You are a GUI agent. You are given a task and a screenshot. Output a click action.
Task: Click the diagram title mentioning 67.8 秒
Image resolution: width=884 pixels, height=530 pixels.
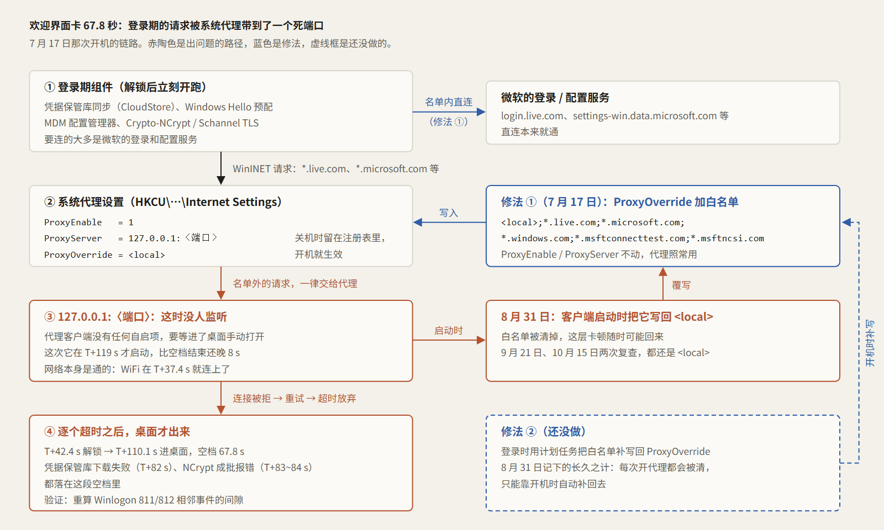coord(176,25)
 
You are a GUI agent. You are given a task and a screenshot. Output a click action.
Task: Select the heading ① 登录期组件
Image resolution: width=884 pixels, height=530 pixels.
coord(125,87)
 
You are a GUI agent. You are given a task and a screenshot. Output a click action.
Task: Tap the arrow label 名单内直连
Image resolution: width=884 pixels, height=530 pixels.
coord(449,102)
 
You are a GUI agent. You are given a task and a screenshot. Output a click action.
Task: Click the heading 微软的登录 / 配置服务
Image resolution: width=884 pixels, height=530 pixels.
coord(555,97)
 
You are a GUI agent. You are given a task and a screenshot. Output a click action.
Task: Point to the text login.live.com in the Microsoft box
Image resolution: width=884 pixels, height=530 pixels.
coord(532,116)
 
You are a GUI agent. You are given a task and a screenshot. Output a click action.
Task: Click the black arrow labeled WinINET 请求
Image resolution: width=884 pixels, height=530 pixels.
coord(221,168)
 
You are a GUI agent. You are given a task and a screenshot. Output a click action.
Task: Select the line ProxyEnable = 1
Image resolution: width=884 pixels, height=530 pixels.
coord(89,222)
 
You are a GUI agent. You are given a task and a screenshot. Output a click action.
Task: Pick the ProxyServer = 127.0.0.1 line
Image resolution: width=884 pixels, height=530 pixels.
coord(130,238)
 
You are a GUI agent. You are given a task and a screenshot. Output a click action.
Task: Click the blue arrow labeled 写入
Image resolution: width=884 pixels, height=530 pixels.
coord(450,222)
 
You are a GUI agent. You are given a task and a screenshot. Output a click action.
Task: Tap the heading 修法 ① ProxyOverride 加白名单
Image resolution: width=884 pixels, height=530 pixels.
coord(619,202)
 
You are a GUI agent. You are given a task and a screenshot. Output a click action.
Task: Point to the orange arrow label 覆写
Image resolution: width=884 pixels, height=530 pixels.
coord(681,285)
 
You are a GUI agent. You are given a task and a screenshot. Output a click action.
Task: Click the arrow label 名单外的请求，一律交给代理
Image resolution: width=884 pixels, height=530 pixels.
coord(295,284)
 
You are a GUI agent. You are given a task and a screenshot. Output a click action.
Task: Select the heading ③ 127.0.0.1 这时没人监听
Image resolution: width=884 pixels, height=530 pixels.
coord(135,317)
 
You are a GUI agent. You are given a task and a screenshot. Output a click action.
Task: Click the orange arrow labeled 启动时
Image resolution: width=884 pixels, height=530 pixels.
coord(450,340)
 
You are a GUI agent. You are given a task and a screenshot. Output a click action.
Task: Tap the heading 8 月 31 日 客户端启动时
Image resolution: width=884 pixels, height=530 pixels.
coord(607,317)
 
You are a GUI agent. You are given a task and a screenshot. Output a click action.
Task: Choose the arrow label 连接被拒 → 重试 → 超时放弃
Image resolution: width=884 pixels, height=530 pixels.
coord(294,398)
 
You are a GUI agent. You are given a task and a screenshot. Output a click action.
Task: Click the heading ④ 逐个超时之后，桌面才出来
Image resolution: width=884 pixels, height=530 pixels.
coord(117,431)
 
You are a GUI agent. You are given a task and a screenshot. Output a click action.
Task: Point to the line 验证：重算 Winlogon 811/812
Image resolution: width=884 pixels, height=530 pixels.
coord(144,500)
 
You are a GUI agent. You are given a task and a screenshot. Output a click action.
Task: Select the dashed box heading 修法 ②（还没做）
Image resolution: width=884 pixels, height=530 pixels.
coord(544,431)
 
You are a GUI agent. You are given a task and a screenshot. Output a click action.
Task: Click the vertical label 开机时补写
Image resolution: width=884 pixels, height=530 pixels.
coord(870,343)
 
